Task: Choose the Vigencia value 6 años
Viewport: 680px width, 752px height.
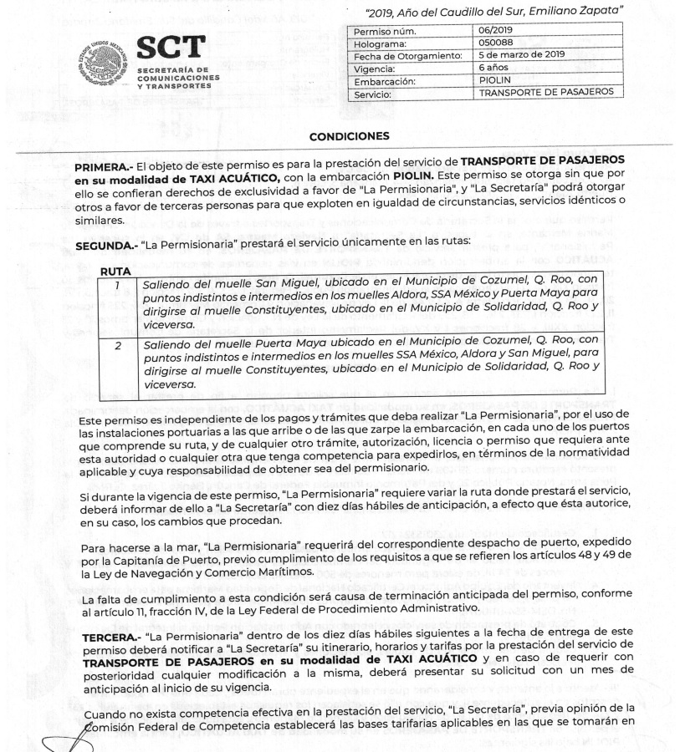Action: point(493,68)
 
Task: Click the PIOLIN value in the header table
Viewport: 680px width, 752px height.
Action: point(495,80)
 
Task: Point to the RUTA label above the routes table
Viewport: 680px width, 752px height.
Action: point(115,272)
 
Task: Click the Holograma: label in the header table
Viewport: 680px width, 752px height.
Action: point(381,43)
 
